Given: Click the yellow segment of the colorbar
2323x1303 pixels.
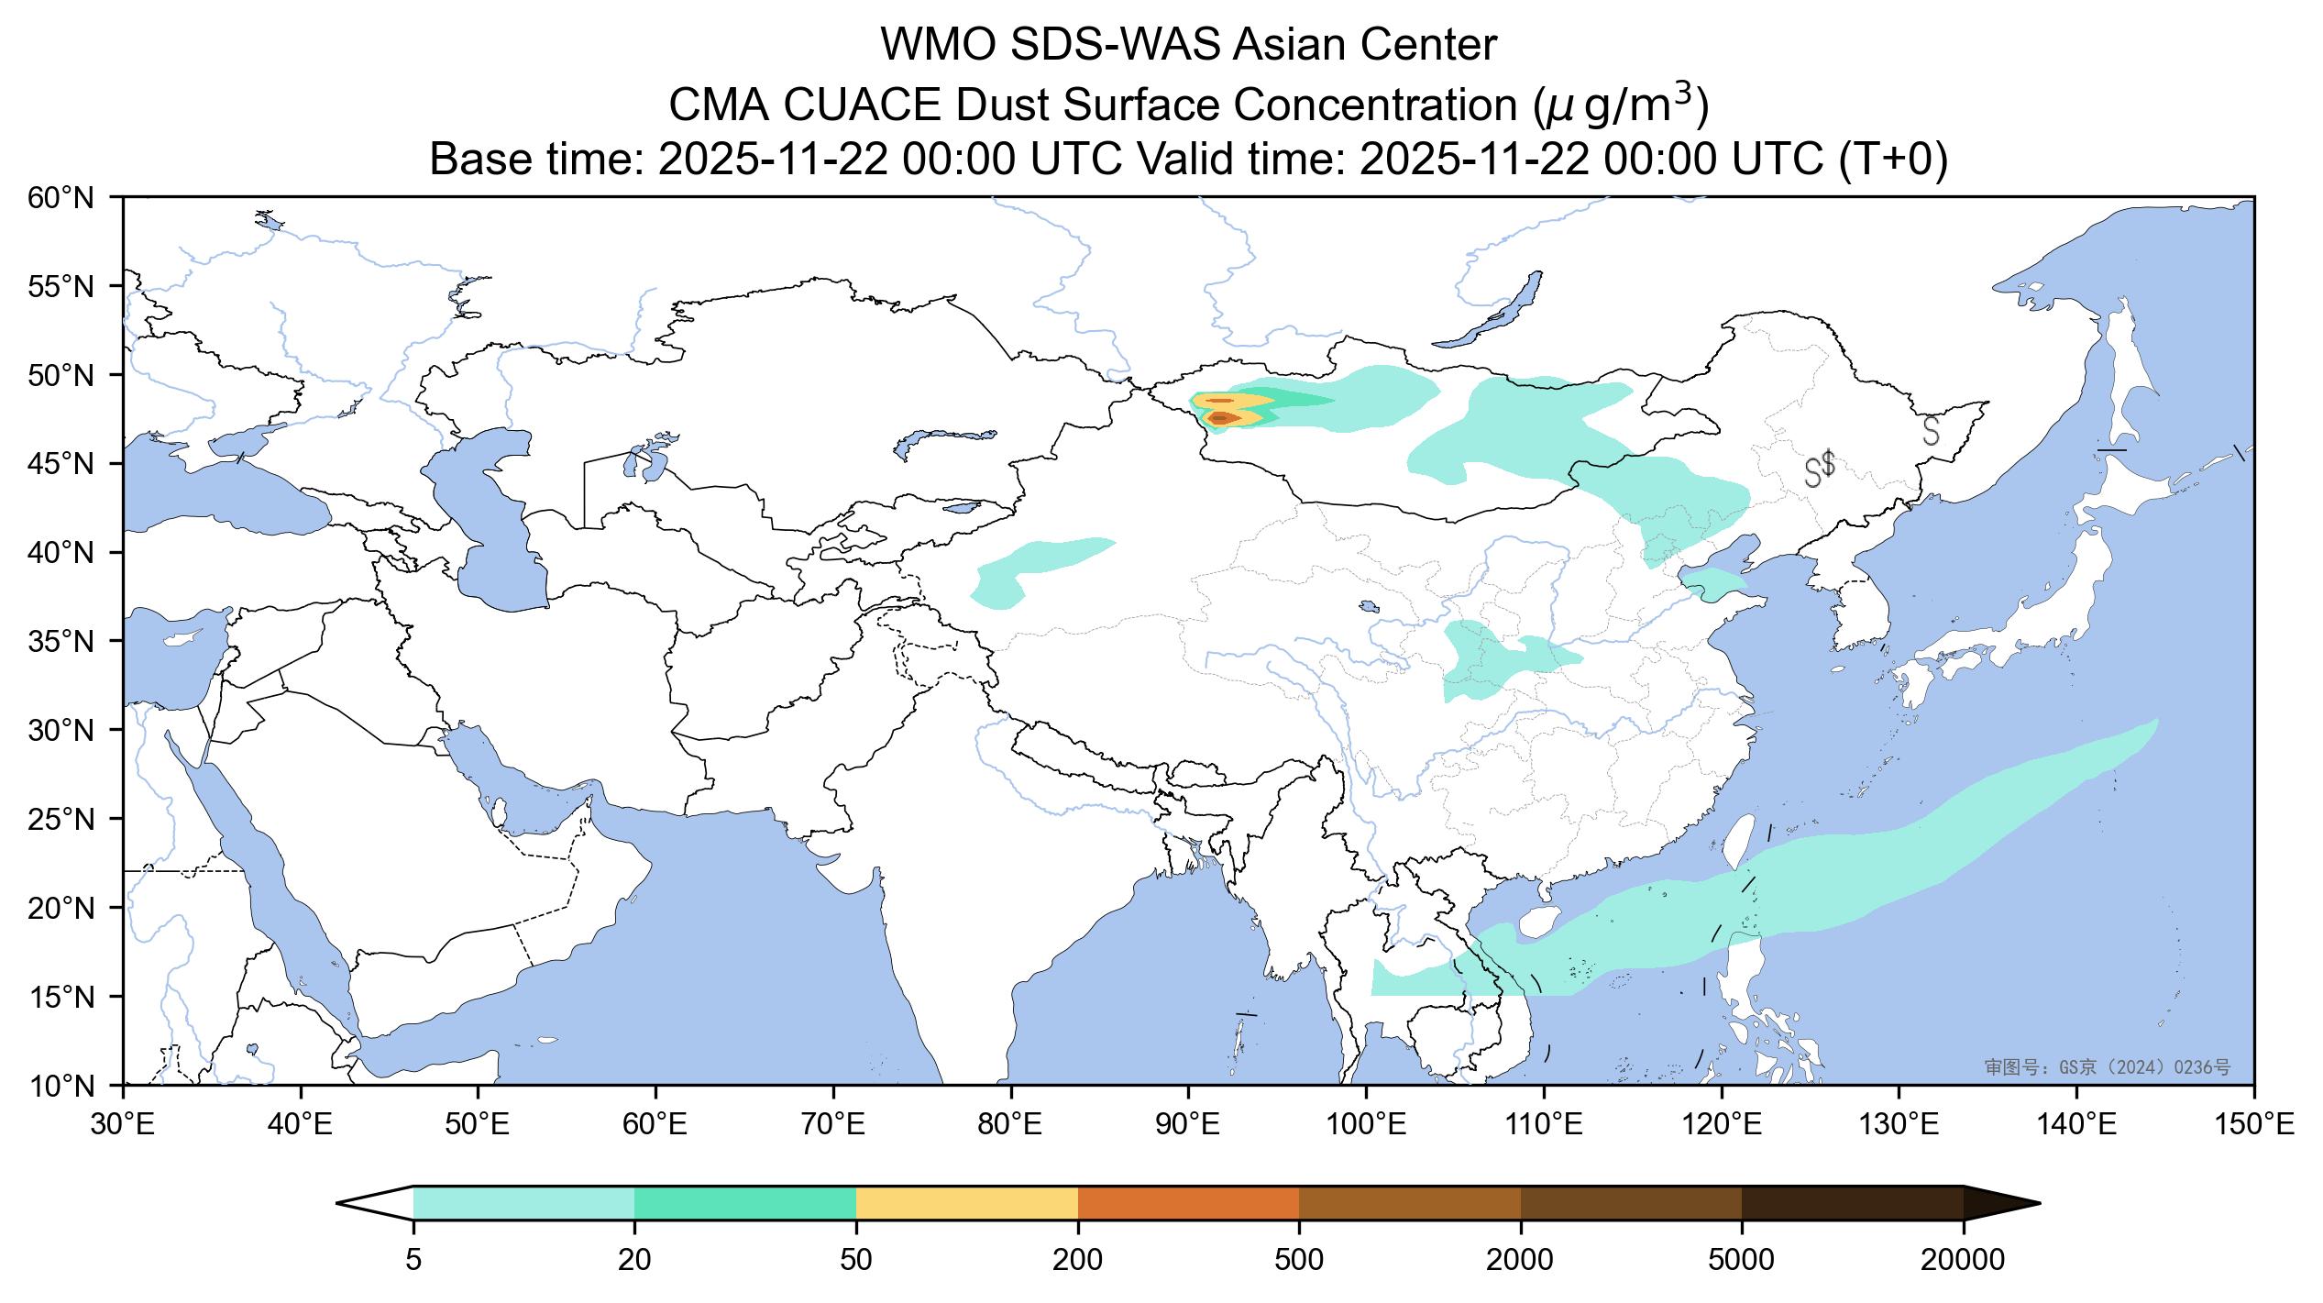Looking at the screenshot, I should coord(967,1203).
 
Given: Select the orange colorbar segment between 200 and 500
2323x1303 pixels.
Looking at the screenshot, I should coord(1189,1203).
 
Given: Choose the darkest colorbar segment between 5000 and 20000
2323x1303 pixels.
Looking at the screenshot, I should coord(1852,1203).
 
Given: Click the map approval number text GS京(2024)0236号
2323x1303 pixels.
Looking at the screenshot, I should coord(2107,1067).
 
